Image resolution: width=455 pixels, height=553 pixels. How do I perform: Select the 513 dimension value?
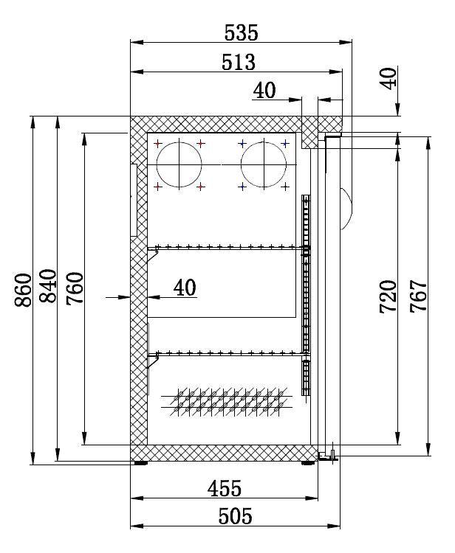point(239,62)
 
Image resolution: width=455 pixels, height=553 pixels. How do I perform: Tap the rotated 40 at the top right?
point(390,77)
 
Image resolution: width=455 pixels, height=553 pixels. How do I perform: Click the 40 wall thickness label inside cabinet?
point(185,287)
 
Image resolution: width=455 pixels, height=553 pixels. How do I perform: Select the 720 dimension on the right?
point(389,296)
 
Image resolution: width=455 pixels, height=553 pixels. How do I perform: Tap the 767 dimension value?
point(418,296)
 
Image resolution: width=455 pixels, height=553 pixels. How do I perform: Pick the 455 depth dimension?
point(224,488)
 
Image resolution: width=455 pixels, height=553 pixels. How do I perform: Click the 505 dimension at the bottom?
point(236,516)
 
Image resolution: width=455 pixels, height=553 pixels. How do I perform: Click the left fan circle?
point(179,163)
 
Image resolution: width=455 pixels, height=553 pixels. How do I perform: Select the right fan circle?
point(264,163)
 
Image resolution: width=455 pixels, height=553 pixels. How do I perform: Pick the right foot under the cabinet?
point(307,464)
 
